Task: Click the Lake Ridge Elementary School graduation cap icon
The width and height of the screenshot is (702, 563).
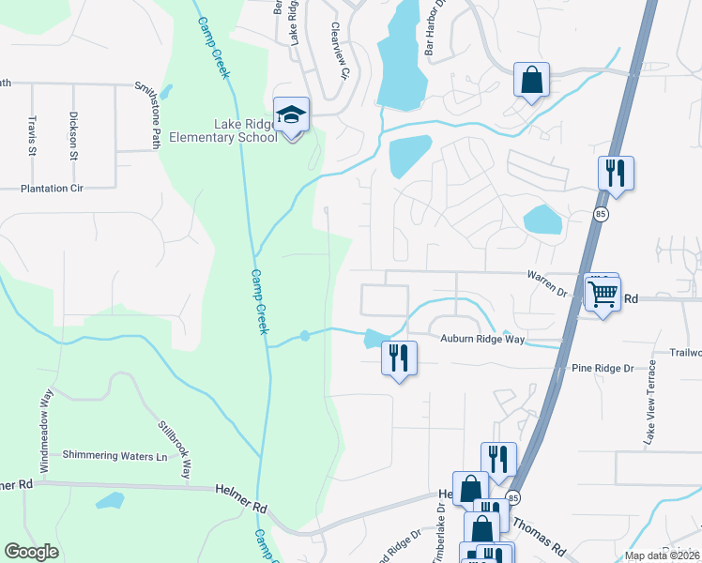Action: click(x=292, y=115)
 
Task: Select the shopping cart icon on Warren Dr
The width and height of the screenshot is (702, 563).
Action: click(x=602, y=293)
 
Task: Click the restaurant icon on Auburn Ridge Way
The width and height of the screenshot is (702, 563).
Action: click(x=399, y=357)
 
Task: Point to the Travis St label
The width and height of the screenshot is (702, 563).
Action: click(x=32, y=135)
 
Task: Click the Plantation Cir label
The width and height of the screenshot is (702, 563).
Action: click(x=52, y=189)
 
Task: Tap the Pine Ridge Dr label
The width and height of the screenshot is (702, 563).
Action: click(x=603, y=369)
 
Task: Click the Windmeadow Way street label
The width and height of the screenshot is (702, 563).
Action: click(x=45, y=418)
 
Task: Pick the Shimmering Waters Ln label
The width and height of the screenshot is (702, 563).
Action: click(x=114, y=455)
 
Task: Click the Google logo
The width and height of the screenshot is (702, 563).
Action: click(x=31, y=552)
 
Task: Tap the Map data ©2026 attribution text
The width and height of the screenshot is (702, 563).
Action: click(x=662, y=555)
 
